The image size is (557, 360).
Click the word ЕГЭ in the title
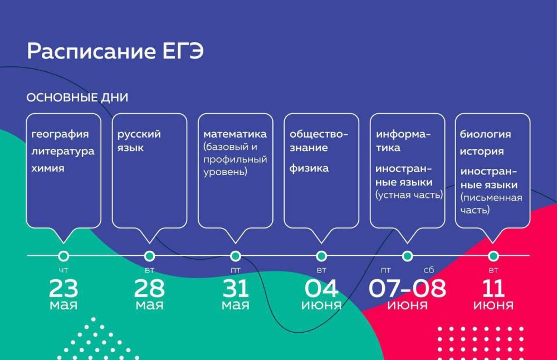point(183,51)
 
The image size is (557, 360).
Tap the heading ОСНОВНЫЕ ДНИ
point(77,98)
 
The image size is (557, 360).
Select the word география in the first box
point(60,135)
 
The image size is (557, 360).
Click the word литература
point(63,152)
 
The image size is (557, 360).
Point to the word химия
point(48,168)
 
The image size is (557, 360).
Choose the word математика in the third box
point(235,134)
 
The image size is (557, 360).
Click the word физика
point(309,168)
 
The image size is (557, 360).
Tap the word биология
point(485,134)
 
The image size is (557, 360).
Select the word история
point(482,152)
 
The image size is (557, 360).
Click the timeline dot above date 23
point(63,256)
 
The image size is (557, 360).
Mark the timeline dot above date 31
point(235,256)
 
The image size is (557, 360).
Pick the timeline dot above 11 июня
point(493,256)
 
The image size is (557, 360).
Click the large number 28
point(149,288)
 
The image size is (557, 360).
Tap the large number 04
point(321,288)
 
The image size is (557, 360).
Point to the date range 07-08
point(407,288)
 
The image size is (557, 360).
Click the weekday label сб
point(429,270)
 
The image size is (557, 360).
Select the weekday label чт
point(63,271)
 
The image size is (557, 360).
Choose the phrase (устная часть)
point(409,195)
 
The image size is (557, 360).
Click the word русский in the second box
point(139,135)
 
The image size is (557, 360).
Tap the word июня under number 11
point(493,305)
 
